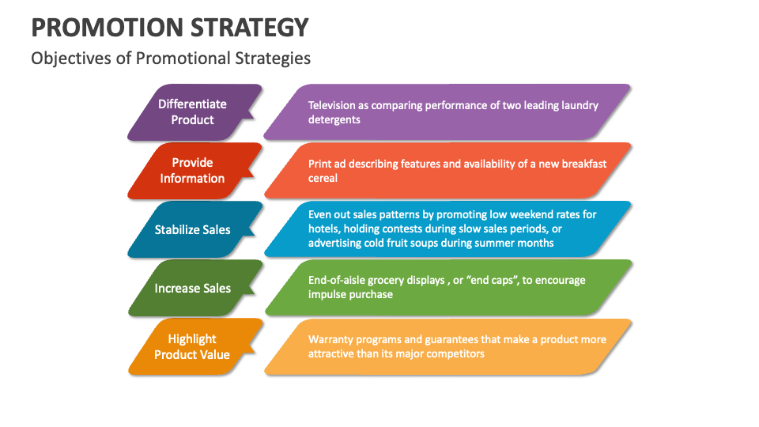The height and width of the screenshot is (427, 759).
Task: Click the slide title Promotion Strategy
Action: pyautogui.click(x=169, y=27)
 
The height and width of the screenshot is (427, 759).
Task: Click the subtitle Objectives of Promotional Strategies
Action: pyautogui.click(x=171, y=59)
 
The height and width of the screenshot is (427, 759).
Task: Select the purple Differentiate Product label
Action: pyautogui.click(x=192, y=112)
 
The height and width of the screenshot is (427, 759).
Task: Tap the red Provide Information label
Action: pyautogui.click(x=192, y=171)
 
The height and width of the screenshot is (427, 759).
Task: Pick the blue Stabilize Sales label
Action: pyautogui.click(x=192, y=229)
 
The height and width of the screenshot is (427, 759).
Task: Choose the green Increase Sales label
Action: pyautogui.click(x=192, y=288)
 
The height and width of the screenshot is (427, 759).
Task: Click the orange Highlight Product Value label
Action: pyautogui.click(x=192, y=346)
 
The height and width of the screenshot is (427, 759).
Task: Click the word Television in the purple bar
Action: pyautogui.click(x=333, y=105)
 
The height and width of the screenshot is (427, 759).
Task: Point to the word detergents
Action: pyautogui.click(x=334, y=119)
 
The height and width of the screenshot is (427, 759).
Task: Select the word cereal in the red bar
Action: pyautogui.click(x=323, y=178)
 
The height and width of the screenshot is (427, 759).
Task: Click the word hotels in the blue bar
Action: pyautogui.click(x=323, y=229)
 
